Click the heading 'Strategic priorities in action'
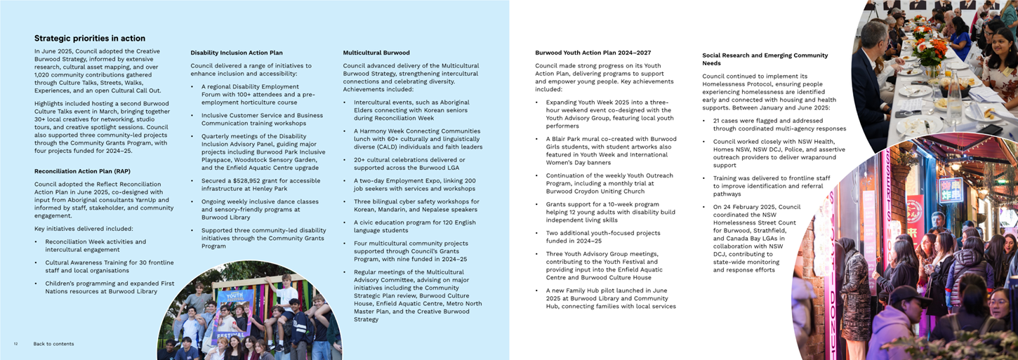click(90, 39)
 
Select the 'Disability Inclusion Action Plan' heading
click(237, 53)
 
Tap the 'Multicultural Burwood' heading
click(376, 53)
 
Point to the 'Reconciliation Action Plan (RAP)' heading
click(82, 171)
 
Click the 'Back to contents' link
click(53, 344)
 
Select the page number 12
click(15, 344)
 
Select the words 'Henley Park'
click(275, 188)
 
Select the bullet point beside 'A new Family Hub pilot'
click(538, 290)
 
